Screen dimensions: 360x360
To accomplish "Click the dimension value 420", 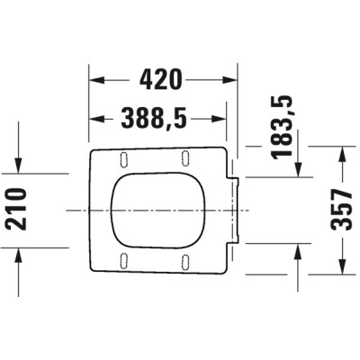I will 164,80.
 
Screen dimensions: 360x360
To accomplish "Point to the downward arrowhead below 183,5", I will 299,169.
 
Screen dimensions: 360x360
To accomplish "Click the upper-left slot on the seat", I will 121,158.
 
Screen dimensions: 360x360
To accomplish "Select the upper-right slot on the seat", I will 185,158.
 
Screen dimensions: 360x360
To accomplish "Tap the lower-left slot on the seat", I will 121,261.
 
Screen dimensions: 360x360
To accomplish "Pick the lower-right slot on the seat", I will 185,261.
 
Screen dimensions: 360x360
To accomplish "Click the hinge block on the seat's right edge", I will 235,209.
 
